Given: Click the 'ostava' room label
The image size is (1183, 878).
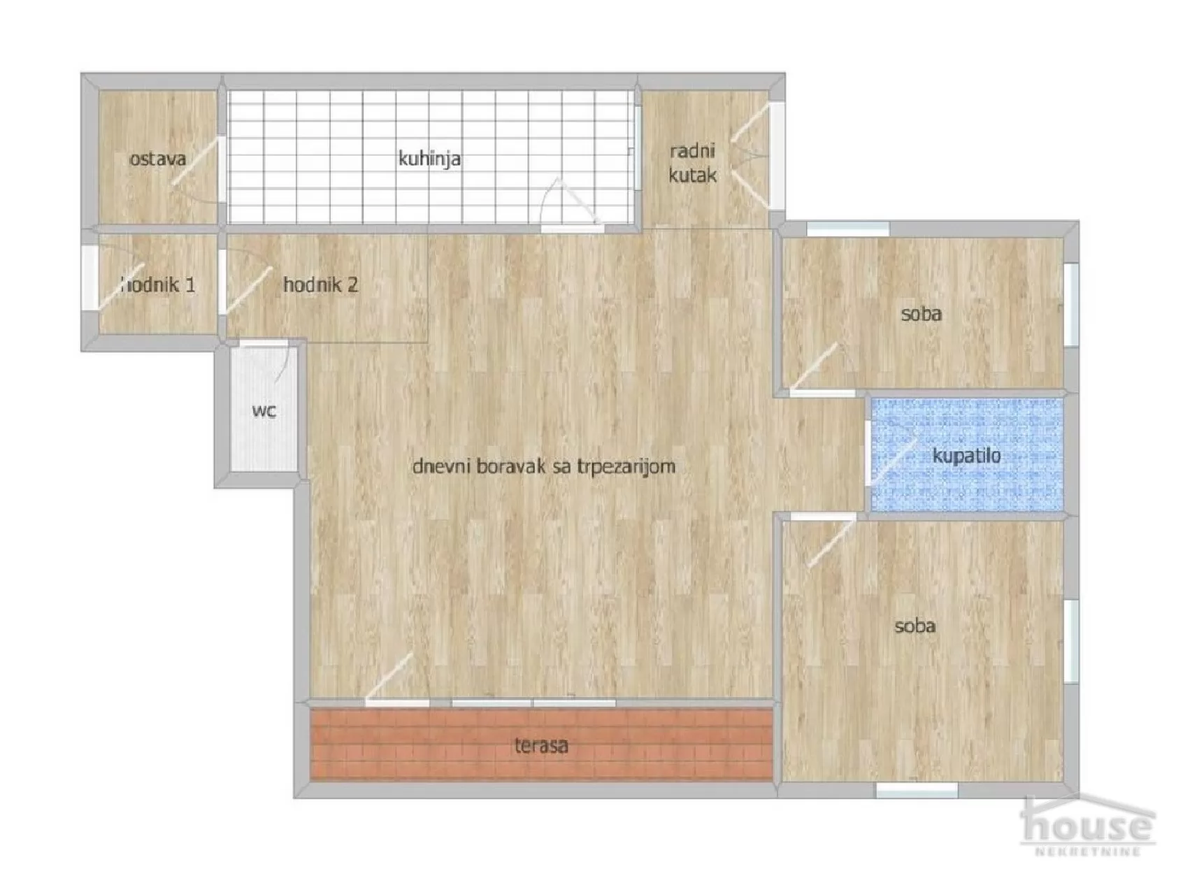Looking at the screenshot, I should tap(158, 159).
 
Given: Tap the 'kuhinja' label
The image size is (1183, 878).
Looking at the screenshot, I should tap(429, 159).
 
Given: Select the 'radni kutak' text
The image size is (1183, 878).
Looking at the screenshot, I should tap(692, 163).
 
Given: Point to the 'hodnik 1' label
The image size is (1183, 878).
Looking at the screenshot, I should tap(159, 285).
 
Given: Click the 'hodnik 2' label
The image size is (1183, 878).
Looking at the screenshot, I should tap(320, 285).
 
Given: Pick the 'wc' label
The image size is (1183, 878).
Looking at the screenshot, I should tap(264, 410).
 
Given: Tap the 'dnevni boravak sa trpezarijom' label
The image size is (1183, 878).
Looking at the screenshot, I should tap(543, 466).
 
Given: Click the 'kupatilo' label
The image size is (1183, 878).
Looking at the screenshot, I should tap(966, 456).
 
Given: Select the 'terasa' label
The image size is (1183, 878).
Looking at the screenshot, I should tap(541, 745).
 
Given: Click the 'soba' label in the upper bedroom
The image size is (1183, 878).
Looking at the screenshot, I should tap(921, 314).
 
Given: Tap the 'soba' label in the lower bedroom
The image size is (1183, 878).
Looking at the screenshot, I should tap(915, 626).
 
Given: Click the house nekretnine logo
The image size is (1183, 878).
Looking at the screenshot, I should tap(1088, 828).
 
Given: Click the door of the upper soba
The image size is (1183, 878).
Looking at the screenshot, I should tap(815, 366).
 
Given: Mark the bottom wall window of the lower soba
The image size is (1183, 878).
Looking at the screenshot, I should tap(916, 790).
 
